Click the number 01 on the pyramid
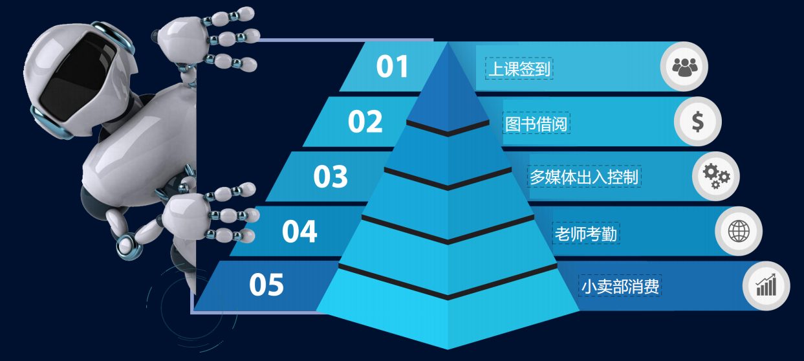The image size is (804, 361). click(x=393, y=67)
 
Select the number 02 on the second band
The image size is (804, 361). click(x=365, y=122)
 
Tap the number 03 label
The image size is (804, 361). click(x=331, y=177)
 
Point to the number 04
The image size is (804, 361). click(x=299, y=232)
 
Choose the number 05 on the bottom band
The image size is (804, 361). click(x=266, y=285)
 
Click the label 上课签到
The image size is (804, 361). click(x=519, y=69)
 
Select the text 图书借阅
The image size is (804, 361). click(x=536, y=124)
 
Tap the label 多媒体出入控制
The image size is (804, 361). click(x=585, y=177)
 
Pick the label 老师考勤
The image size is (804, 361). click(x=586, y=234)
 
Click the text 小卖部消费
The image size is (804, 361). click(x=620, y=286)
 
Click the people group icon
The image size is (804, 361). click(x=684, y=66)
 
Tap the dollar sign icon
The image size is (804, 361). click(x=698, y=121)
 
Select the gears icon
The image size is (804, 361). click(x=716, y=175)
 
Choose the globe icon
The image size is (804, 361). click(x=739, y=230)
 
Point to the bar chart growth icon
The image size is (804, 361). click(x=766, y=285)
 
